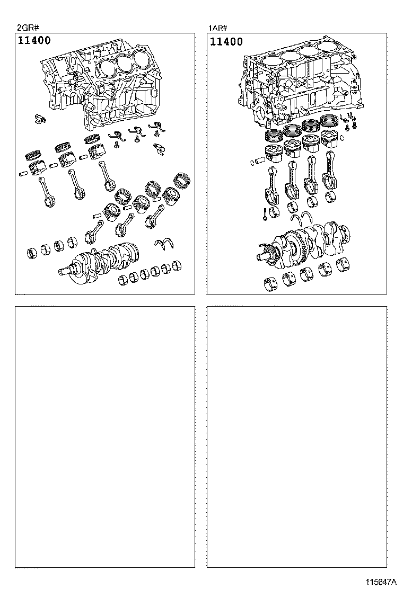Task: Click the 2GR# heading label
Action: coord(28,28)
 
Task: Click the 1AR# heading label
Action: coord(218,28)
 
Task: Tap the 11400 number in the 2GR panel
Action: coord(34,40)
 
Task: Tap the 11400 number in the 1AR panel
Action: coord(226,41)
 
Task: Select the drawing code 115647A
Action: coord(381,582)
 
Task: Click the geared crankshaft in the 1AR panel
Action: coord(304,246)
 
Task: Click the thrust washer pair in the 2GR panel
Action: coord(164,243)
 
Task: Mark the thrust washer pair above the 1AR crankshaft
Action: coord(302,218)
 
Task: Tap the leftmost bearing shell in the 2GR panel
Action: coord(33,253)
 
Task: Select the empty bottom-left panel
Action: coord(105,437)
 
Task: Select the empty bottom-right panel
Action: coord(297,437)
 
